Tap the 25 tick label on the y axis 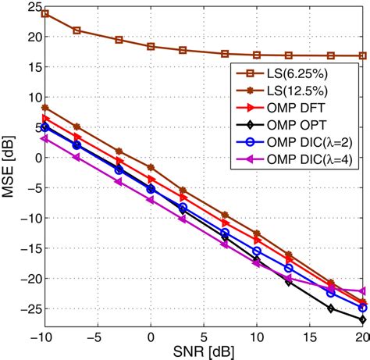(x=31, y=7)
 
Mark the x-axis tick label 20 (x=362, y=337)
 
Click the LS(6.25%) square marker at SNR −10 (x=45, y=13)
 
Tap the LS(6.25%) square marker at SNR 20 (x=363, y=55)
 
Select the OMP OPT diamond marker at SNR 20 (x=363, y=319)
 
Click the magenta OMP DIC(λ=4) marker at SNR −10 (x=45, y=138)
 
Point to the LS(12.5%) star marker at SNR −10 (x=45, y=108)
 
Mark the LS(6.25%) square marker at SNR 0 (x=151, y=46)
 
